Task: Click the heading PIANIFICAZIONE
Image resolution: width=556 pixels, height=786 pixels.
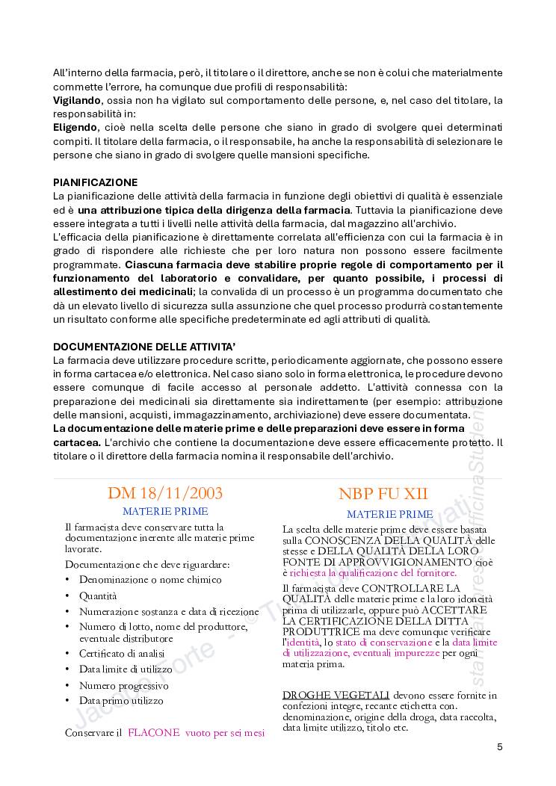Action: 95,182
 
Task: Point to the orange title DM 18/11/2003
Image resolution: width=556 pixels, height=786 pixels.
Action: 165,493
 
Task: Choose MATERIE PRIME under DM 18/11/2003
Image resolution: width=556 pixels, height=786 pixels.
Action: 165,512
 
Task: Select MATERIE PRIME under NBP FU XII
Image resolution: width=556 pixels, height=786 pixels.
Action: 389,514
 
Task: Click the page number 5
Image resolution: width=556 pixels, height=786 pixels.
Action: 499,747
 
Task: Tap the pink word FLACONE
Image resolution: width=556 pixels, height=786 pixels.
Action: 153,733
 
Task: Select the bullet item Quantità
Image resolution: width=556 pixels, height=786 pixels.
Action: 98,595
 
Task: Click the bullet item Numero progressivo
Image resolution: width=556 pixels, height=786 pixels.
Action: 124,685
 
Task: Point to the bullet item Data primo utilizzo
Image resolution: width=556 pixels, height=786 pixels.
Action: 121,701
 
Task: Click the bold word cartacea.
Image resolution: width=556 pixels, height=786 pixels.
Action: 78,442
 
